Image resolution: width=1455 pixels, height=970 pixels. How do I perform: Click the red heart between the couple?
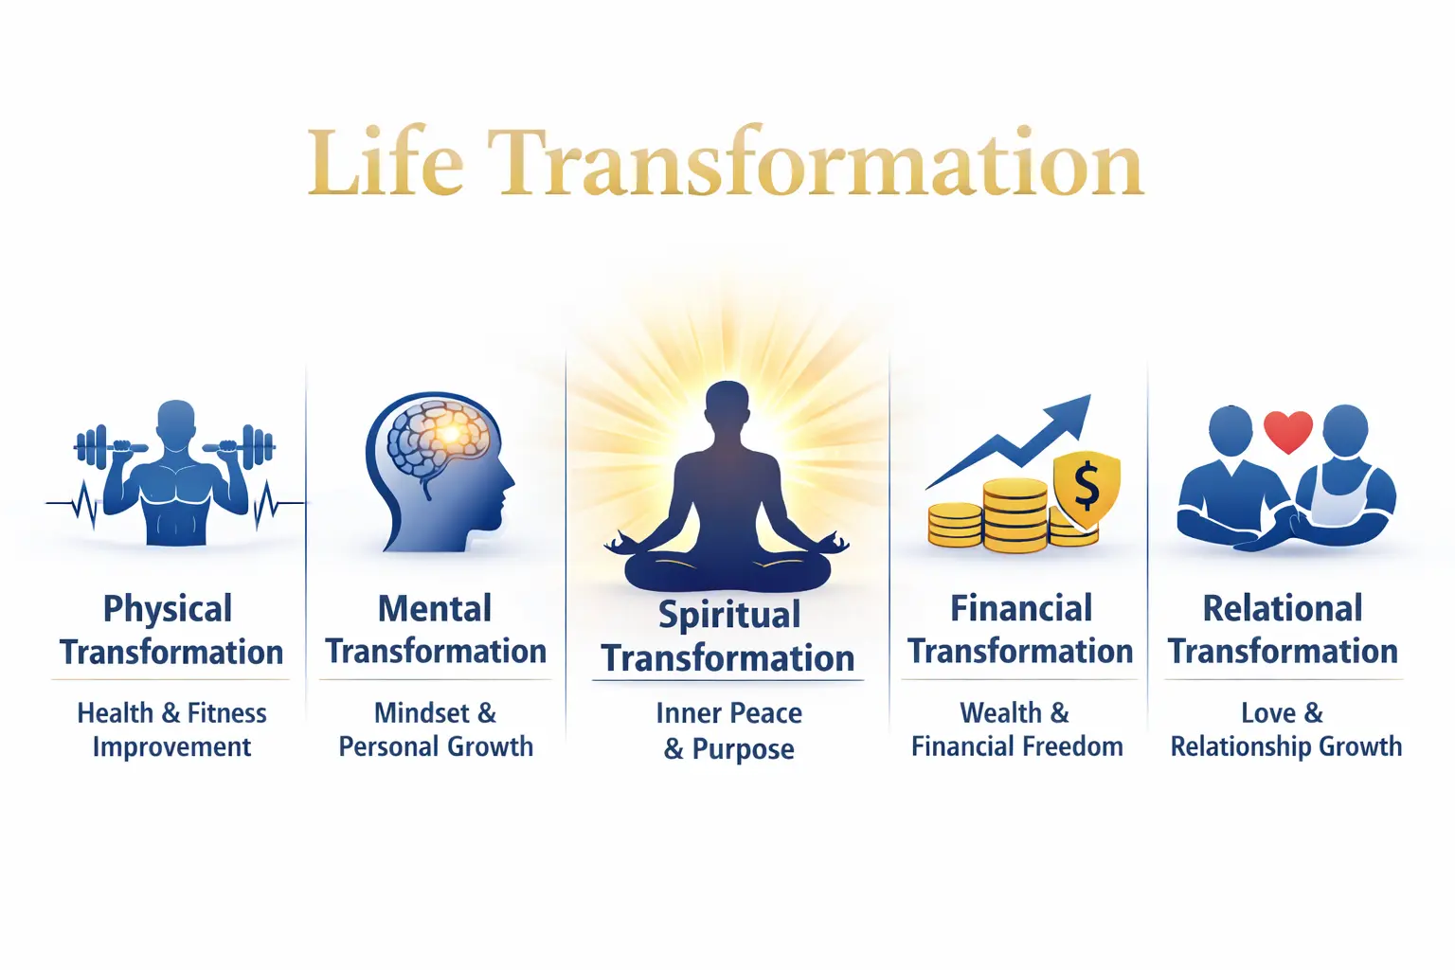[x=1288, y=431]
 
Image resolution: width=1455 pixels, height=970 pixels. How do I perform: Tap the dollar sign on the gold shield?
[x=1087, y=484]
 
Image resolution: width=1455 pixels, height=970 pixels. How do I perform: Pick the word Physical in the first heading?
[x=168, y=609]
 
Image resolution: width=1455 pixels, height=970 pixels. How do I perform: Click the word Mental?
[x=435, y=609]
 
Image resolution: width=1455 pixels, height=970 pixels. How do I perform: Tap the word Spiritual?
[x=729, y=616]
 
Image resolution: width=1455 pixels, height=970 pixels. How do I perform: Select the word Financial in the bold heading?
[x=1020, y=609]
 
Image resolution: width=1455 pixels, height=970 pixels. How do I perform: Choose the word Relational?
[x=1283, y=609]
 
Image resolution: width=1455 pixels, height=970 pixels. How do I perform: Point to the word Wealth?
[x=1001, y=712]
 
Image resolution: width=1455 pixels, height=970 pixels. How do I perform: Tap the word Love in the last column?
[x=1268, y=712]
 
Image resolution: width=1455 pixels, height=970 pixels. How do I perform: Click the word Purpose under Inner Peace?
[x=744, y=749]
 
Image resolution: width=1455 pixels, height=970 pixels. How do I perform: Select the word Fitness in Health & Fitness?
[x=227, y=712]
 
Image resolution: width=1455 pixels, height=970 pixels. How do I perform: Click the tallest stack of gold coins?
[x=1015, y=516]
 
